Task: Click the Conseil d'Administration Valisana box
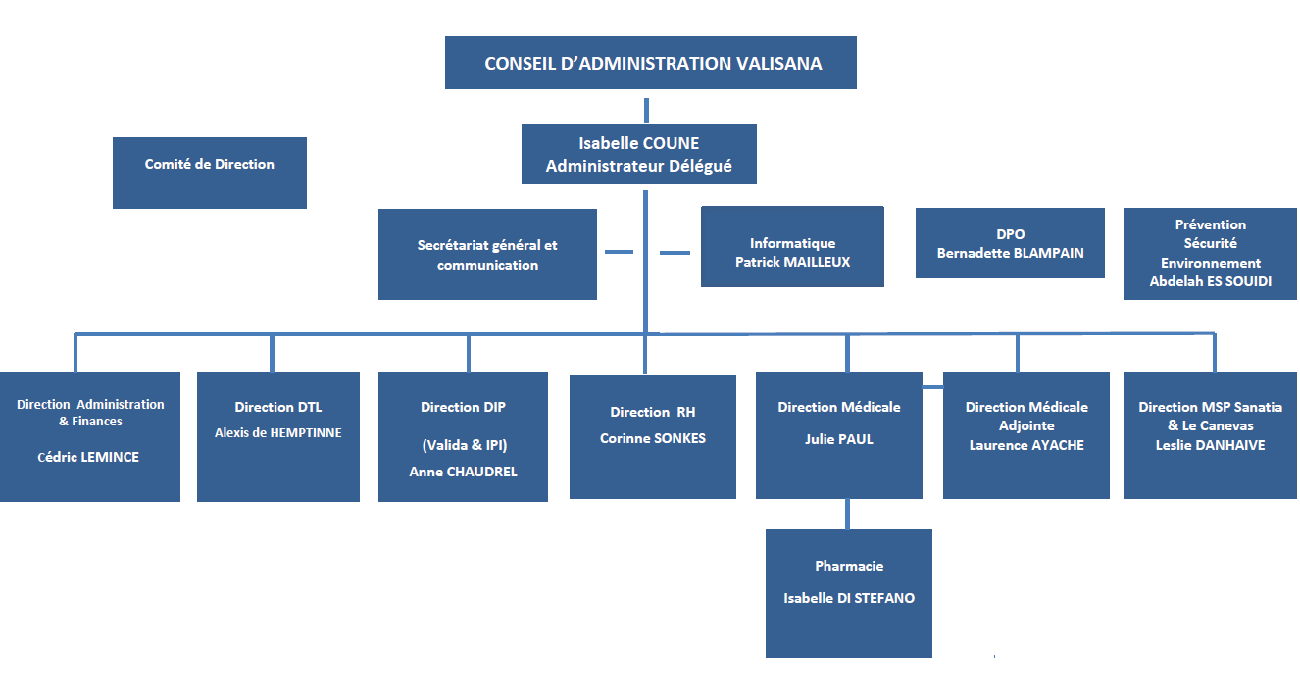[x=651, y=64]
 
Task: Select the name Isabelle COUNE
[x=638, y=143]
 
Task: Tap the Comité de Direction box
[x=210, y=165]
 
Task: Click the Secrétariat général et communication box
[x=487, y=255]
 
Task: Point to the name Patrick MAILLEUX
[x=792, y=262]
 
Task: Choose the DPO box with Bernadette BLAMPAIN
[x=1010, y=243]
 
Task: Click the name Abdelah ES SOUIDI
[x=1210, y=281]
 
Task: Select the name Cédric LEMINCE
[x=88, y=457]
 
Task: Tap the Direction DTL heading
[x=278, y=407]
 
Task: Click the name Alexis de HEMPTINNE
[x=278, y=432]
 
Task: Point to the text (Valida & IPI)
[x=465, y=445]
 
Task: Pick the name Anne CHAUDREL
[x=463, y=472]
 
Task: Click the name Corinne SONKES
[x=652, y=438]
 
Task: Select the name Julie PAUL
[x=838, y=439]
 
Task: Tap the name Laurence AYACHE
[x=1026, y=445]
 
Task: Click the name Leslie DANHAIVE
[x=1210, y=445]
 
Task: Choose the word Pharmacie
[x=849, y=566]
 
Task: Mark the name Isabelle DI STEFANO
[x=849, y=598]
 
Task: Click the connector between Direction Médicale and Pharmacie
[x=848, y=514]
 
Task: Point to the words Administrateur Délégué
[x=638, y=167]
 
